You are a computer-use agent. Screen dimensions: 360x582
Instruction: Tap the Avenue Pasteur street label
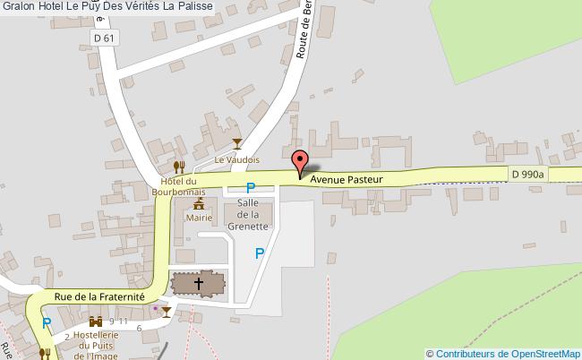347,179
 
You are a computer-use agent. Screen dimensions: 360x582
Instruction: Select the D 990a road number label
527,174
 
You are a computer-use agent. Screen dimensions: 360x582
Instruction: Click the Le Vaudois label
236,159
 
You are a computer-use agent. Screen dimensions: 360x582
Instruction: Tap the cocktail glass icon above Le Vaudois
236,143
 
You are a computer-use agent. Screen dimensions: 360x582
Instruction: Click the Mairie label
199,217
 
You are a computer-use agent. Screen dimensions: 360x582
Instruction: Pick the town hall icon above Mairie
199,204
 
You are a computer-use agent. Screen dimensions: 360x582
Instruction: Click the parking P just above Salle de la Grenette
251,188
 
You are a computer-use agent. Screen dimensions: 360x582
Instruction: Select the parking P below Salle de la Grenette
260,253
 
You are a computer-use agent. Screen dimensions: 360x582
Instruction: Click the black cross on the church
198,284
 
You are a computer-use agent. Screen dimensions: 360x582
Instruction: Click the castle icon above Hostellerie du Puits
95,320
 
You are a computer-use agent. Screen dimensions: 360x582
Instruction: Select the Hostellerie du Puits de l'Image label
96,345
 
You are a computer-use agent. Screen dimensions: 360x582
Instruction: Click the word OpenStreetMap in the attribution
543,353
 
